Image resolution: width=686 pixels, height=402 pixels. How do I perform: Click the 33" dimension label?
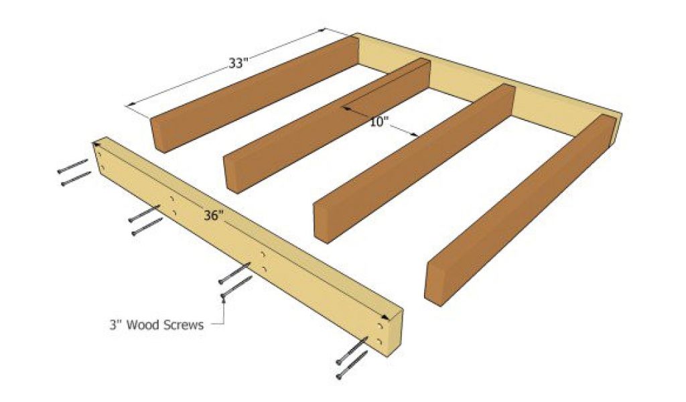tap(238, 64)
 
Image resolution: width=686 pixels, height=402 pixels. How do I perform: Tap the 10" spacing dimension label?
tap(379, 122)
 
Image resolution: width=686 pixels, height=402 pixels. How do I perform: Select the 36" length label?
tap(214, 215)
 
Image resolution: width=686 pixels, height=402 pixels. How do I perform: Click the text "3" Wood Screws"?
tap(156, 325)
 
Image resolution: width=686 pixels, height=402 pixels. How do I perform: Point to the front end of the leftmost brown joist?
tap(157, 135)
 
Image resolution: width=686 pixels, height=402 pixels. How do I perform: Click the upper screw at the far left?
tap(72, 166)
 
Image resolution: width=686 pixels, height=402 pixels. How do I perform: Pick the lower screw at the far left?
tap(76, 178)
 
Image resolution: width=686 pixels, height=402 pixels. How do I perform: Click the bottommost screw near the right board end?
tap(352, 365)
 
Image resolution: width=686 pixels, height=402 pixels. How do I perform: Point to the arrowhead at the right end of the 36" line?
tap(386, 317)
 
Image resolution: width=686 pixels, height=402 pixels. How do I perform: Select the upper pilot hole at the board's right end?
tap(380, 326)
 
